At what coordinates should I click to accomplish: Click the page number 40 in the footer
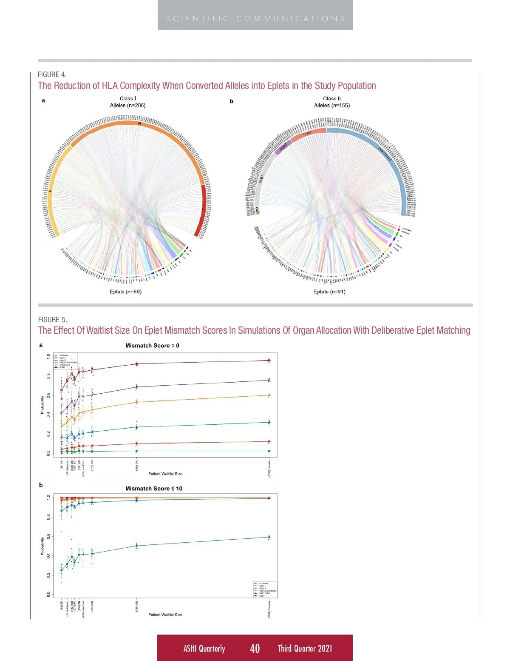(255, 648)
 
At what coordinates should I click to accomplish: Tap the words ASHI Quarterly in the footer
(204, 648)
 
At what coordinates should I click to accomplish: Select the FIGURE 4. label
(52, 74)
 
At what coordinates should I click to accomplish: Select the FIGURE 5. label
(52, 320)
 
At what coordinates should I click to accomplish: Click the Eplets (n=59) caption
(125, 292)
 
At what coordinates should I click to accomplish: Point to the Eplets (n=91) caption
(329, 292)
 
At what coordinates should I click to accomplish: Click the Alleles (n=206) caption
(127, 106)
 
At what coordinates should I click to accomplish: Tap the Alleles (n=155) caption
(332, 106)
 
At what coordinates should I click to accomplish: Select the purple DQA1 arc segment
(282, 147)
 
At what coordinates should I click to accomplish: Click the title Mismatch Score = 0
(152, 346)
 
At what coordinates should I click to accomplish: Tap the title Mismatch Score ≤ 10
(153, 489)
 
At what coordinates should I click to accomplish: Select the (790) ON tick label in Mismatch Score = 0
(137, 465)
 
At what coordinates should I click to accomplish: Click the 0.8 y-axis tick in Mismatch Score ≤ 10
(48, 517)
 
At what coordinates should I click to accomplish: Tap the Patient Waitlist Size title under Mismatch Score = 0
(165, 474)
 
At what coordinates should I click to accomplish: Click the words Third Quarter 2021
(305, 648)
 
